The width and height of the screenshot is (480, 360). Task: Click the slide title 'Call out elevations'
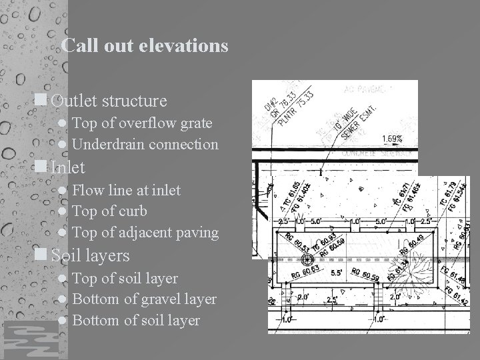point(144,46)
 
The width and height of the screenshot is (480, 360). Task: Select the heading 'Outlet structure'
point(109,101)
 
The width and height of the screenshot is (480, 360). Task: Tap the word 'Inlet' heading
point(67,167)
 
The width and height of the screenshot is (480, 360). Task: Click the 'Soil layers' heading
point(90,255)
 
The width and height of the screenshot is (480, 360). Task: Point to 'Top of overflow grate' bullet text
point(142,123)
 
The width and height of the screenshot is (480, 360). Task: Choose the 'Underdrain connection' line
point(145,144)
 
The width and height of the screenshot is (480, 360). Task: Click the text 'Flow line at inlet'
point(126,190)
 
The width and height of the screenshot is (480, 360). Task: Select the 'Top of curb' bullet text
point(109,211)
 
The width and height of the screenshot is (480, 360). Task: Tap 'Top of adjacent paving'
point(145,233)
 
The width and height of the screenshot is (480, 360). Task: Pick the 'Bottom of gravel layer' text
point(144,299)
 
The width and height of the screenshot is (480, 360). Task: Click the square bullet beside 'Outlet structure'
point(41,101)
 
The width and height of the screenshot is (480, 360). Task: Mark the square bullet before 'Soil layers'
point(41,255)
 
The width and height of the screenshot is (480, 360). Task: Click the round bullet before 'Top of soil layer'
point(62,279)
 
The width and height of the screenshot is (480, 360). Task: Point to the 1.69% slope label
point(392,139)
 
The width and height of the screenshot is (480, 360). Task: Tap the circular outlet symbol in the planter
point(308,259)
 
